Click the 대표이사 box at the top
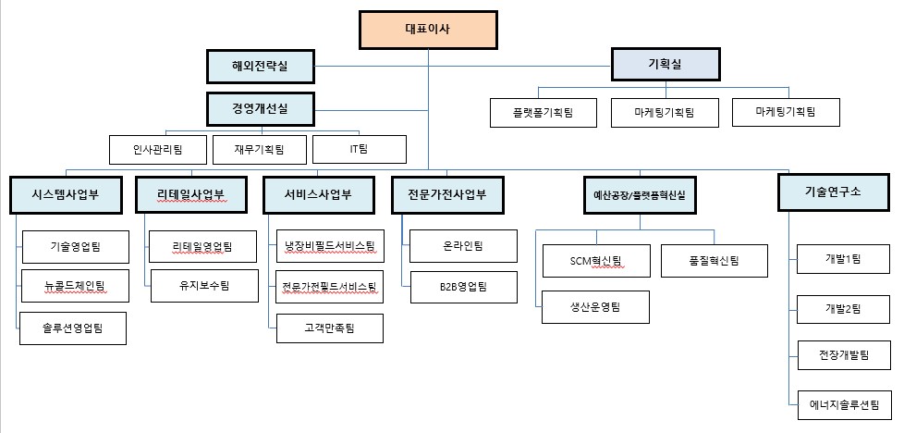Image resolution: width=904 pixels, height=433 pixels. [x=428, y=29]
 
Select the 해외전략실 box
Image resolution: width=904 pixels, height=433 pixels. [x=260, y=66]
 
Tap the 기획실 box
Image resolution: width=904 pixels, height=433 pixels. [x=666, y=64]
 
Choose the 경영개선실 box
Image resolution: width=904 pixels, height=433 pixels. [x=260, y=108]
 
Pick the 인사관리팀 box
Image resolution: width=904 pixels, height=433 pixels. [x=158, y=149]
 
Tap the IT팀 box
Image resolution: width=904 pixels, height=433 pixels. [x=359, y=149]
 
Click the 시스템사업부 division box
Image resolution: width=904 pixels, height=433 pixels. [x=65, y=194]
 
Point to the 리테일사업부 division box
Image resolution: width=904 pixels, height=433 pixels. [x=190, y=194]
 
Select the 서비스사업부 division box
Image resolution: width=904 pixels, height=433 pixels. [x=318, y=194]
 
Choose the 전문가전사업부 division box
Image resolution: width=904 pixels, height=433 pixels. [x=446, y=194]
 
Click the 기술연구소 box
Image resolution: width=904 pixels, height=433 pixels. [x=832, y=192]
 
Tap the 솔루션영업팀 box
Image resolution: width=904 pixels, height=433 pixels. [x=73, y=328]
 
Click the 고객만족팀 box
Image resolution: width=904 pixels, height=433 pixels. [x=329, y=328]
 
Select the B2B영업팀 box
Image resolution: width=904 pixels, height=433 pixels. [x=462, y=287]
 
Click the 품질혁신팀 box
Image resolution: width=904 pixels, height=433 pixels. [x=714, y=261]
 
